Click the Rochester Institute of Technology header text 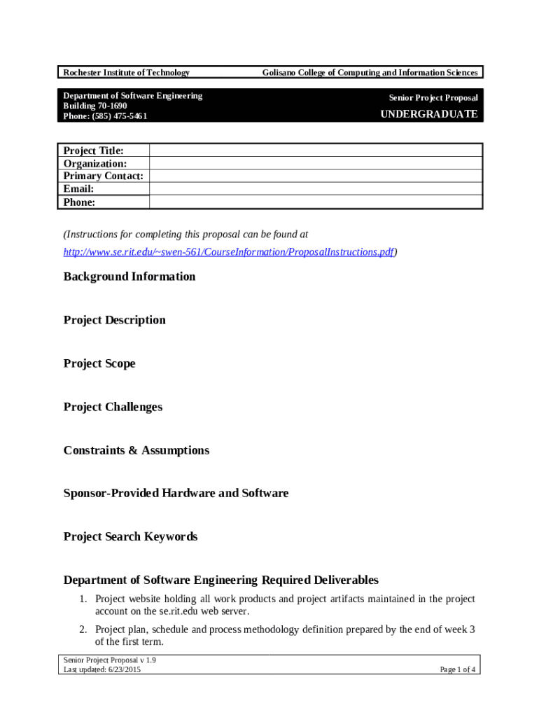click(x=127, y=73)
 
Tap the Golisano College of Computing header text click(x=370, y=73)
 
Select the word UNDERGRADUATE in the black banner click(x=428, y=114)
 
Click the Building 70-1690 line click(x=95, y=106)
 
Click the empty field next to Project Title click(x=315, y=151)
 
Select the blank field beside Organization click(x=315, y=163)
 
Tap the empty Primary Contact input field click(x=315, y=176)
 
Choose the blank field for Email click(x=315, y=189)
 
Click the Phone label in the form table click(x=79, y=202)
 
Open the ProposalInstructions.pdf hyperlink click(x=228, y=252)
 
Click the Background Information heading click(x=129, y=277)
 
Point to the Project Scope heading click(x=99, y=363)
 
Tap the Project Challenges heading click(x=113, y=407)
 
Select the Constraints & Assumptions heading click(x=136, y=450)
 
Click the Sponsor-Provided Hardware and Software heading click(x=176, y=494)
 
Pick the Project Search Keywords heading click(x=131, y=537)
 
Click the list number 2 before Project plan click(x=83, y=629)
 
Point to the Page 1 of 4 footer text click(x=458, y=670)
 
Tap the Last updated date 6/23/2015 click(x=125, y=670)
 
